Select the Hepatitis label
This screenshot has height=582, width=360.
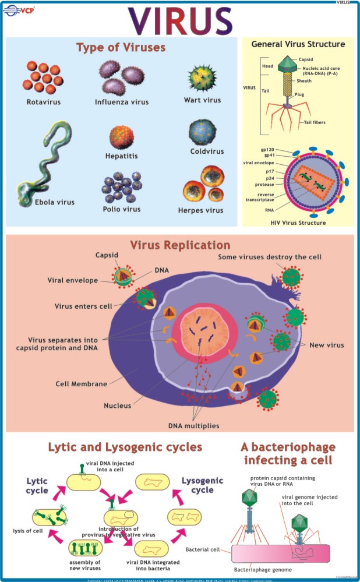121,156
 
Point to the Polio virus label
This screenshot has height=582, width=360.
121,209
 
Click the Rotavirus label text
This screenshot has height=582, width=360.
44,101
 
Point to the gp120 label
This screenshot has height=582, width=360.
267,149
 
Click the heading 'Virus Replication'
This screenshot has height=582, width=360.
180,245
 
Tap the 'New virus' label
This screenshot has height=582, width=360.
326,345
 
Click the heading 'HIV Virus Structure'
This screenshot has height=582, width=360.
298,223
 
